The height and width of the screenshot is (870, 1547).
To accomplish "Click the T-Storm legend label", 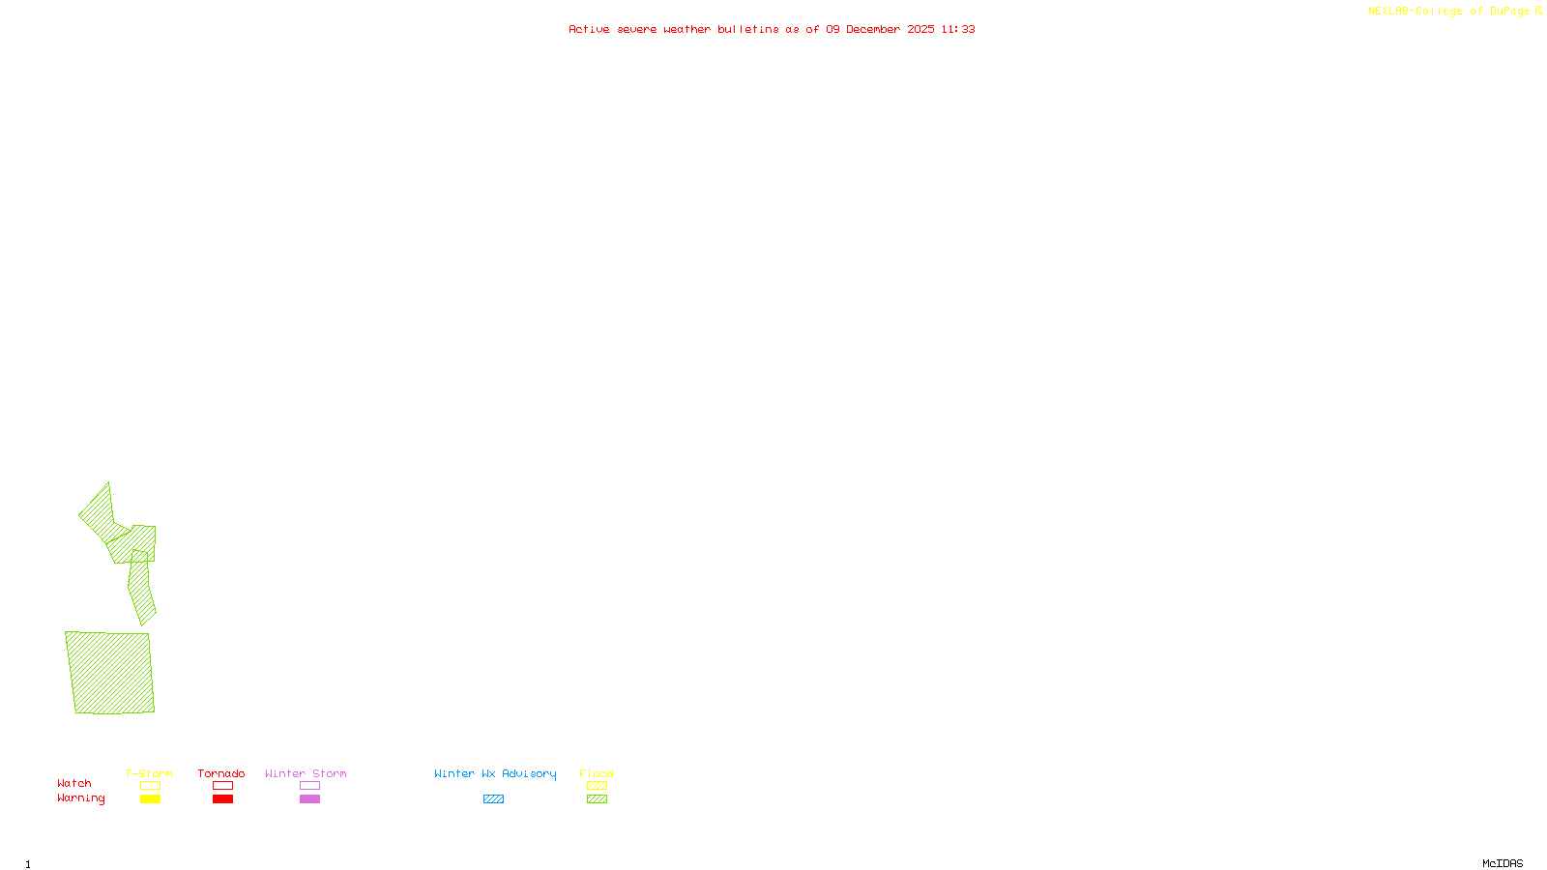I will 149,773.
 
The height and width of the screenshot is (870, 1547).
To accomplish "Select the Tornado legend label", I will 221,773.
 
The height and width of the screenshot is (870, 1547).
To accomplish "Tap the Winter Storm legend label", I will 306,773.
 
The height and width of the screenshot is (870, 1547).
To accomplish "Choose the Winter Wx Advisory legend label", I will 495,773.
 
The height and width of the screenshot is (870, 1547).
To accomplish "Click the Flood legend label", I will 597,773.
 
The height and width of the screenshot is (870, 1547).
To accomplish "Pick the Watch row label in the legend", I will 74,783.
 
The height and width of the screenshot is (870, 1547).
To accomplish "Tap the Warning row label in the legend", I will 80,798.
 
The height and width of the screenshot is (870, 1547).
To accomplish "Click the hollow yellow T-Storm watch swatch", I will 150,786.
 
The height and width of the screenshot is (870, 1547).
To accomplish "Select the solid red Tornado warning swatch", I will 222,799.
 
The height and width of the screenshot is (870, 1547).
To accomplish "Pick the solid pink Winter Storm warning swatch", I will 309,799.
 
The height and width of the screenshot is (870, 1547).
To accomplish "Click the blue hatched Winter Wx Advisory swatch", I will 493,799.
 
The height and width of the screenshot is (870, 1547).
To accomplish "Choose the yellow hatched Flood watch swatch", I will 597,786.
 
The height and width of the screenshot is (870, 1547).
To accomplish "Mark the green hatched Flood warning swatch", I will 597,799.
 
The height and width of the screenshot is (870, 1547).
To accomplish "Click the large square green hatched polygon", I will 110,673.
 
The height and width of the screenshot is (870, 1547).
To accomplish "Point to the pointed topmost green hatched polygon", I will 99,513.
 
